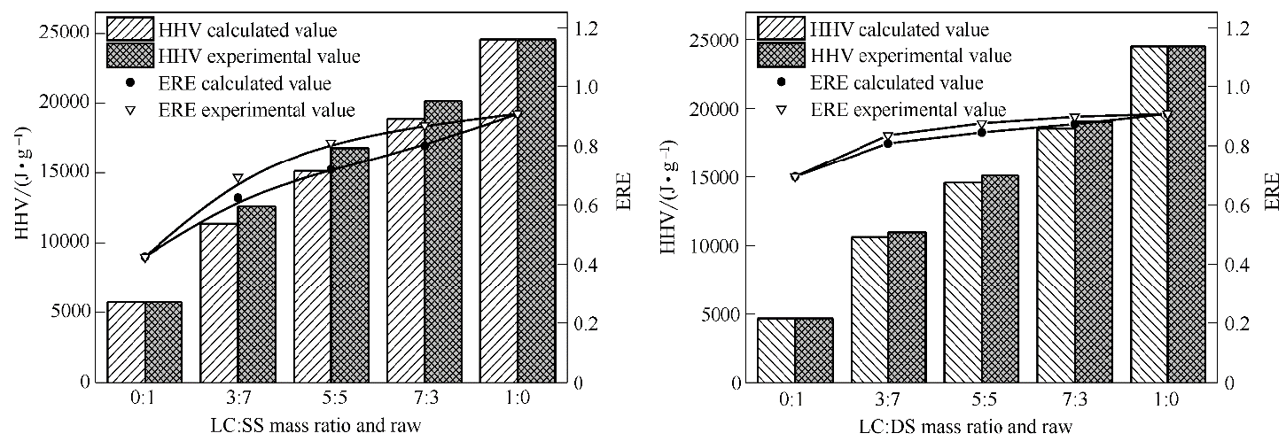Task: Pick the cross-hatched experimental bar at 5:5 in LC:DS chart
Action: tap(999, 278)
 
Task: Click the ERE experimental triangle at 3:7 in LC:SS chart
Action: tap(238, 179)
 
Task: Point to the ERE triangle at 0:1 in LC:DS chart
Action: tap(795, 177)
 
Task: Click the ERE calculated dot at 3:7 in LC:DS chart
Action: tap(888, 143)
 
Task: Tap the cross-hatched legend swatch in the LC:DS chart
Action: tap(782, 56)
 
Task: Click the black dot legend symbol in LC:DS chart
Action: tap(782, 82)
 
